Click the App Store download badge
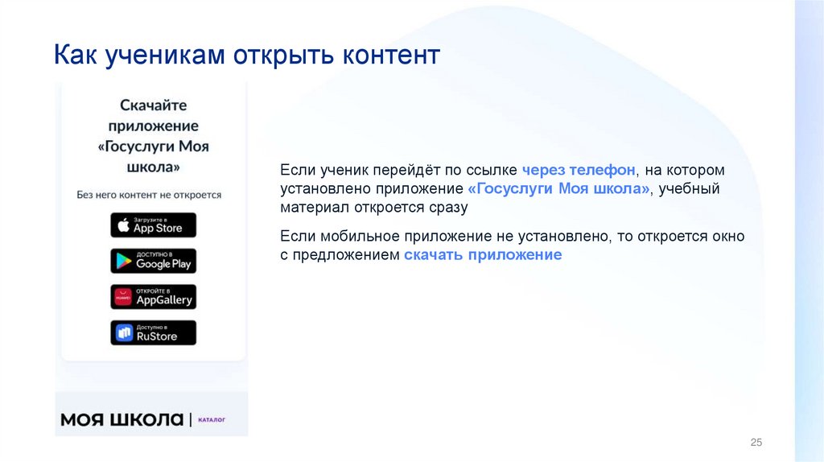pos(153,225)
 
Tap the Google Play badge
pos(153,261)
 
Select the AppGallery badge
pos(153,296)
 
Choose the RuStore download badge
pos(153,332)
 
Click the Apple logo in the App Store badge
pos(123,225)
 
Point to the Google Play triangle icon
pos(123,261)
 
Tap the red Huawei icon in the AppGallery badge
pos(123,297)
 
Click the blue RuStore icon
pos(124,332)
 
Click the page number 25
pos(756,443)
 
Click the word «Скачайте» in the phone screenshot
pos(153,105)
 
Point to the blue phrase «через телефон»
pos(579,171)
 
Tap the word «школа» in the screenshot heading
pos(153,167)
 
